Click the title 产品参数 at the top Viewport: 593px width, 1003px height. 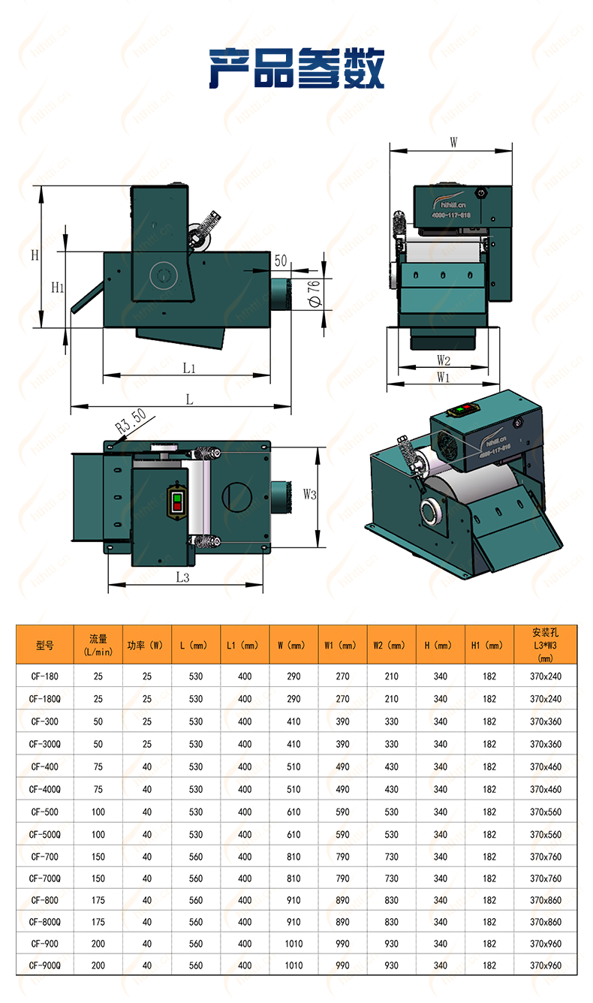(x=296, y=69)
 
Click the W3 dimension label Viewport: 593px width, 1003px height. (x=310, y=494)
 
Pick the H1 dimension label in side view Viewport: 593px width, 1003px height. (x=57, y=288)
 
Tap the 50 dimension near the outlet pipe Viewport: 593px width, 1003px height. (x=281, y=261)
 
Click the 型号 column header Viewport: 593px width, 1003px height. (x=45, y=645)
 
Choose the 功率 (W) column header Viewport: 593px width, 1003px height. (x=146, y=645)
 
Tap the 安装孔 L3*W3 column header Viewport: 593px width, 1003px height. (x=546, y=645)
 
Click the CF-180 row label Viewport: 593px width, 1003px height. (x=45, y=676)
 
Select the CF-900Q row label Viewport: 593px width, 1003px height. (x=45, y=966)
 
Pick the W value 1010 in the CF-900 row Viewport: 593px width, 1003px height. (x=293, y=944)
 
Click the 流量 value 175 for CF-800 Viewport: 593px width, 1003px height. (x=98, y=900)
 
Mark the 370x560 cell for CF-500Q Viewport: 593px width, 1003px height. (x=546, y=834)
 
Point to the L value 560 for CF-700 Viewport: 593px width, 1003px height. (x=196, y=857)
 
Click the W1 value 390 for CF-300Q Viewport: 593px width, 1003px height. (x=342, y=744)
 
